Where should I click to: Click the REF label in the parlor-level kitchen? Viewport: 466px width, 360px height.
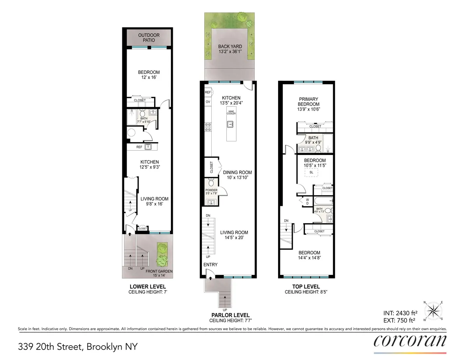pos(208,92)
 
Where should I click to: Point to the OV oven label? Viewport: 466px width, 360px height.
pos(208,102)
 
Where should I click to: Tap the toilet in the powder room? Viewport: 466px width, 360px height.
pos(211,183)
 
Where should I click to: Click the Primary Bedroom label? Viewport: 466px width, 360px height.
pos(308,101)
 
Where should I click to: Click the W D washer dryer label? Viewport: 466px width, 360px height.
pos(307,202)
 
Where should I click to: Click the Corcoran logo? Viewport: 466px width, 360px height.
pos(410,342)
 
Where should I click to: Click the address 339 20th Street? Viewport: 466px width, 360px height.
pos(78,346)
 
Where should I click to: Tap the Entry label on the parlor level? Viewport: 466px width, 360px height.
pos(211,264)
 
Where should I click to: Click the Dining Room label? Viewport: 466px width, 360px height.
pos(237,172)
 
